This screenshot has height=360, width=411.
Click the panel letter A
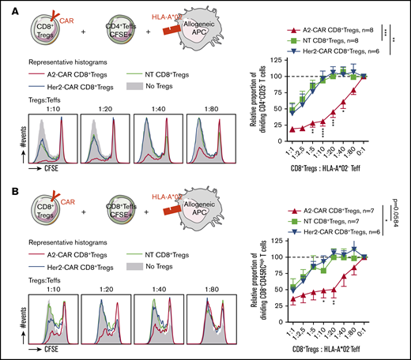coord(6,6)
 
